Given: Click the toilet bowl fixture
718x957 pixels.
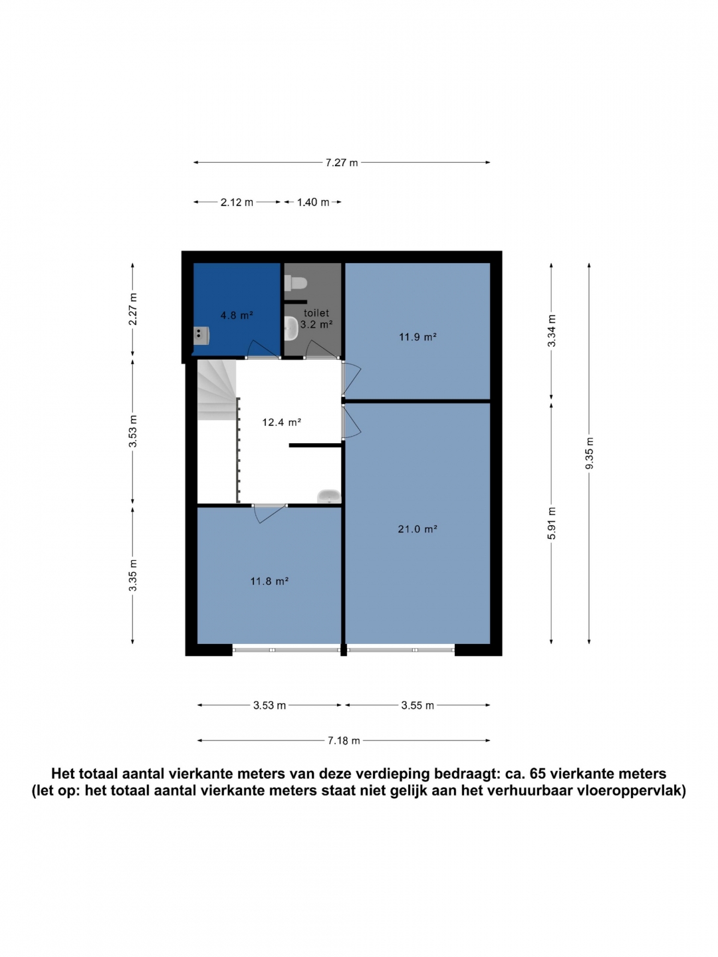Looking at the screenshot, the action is pyautogui.click(x=296, y=283).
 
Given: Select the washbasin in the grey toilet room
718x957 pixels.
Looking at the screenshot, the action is pyautogui.click(x=291, y=328).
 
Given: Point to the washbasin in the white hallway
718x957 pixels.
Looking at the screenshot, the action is pyautogui.click(x=328, y=496).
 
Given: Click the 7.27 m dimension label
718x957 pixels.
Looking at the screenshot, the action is pyautogui.click(x=341, y=163).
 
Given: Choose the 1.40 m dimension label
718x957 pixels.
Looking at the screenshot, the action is pyautogui.click(x=313, y=202).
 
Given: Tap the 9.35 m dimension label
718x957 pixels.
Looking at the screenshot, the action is pyautogui.click(x=590, y=453).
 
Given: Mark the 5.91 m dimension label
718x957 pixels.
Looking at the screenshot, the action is pyautogui.click(x=552, y=523).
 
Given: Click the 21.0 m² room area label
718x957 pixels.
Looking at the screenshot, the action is pyautogui.click(x=418, y=529).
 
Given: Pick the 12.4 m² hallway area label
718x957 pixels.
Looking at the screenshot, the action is pyautogui.click(x=282, y=422).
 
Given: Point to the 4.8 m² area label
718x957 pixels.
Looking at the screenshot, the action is pyautogui.click(x=237, y=315).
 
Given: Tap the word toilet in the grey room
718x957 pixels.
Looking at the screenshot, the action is pyautogui.click(x=316, y=312).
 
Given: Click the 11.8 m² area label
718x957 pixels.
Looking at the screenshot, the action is pyautogui.click(x=269, y=581).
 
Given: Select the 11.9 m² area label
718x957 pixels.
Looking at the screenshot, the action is pyautogui.click(x=418, y=336).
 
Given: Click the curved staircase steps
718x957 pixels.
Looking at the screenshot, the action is pyautogui.click(x=217, y=389).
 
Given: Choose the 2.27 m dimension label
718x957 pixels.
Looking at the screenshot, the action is pyautogui.click(x=133, y=309).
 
